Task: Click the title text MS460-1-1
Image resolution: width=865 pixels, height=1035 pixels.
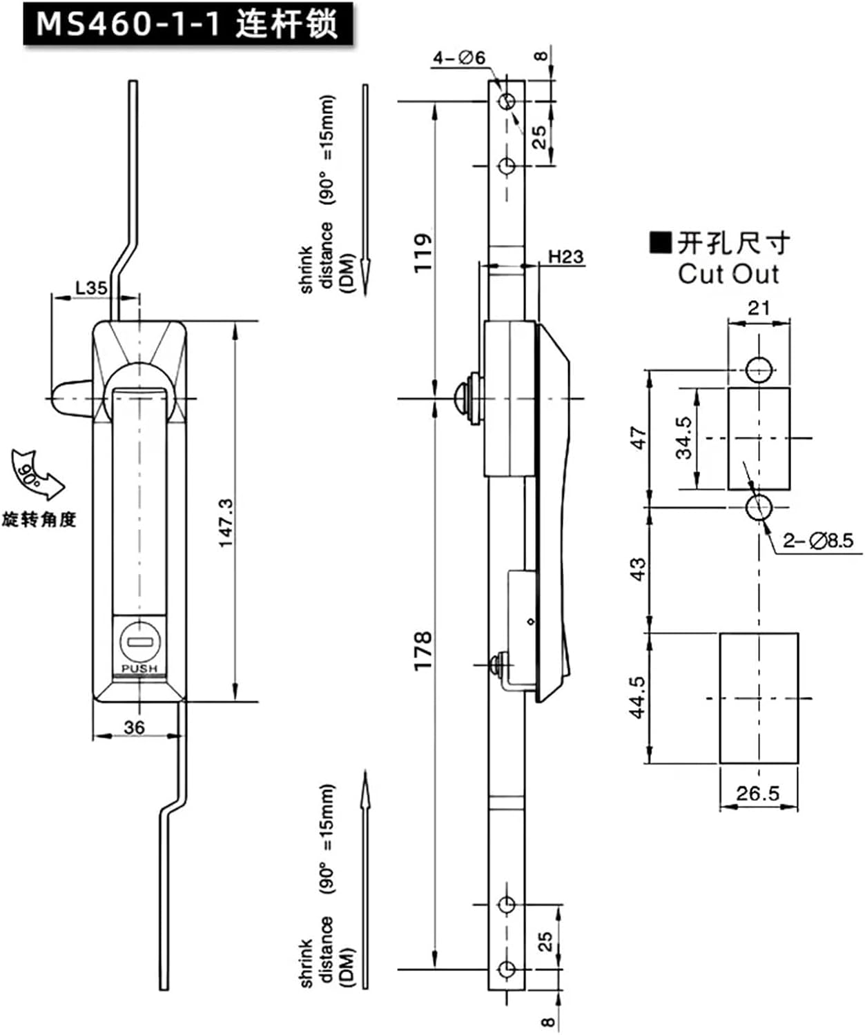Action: (x=128, y=24)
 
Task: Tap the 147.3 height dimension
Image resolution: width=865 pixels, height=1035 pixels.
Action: (x=227, y=523)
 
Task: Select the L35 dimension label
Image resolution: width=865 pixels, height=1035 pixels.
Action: (x=90, y=287)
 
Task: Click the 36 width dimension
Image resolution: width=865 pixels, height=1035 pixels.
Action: (x=134, y=727)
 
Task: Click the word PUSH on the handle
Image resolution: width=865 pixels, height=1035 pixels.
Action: (x=139, y=669)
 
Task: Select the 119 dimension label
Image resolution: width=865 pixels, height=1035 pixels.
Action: (x=422, y=253)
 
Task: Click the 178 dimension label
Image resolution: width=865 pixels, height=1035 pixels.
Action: (x=422, y=649)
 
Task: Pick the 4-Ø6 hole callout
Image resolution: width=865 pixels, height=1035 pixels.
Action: (x=459, y=58)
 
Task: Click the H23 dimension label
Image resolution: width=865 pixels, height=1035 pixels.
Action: (x=565, y=257)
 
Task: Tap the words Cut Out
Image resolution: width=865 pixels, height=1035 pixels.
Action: (x=728, y=274)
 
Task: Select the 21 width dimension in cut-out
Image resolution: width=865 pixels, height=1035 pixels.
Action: (x=759, y=308)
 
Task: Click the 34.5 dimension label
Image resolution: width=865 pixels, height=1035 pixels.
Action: (x=683, y=437)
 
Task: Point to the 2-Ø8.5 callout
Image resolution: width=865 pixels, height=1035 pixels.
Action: (x=818, y=540)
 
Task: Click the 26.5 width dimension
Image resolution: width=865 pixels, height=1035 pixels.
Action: (x=757, y=793)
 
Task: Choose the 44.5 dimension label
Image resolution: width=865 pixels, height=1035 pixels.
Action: (x=637, y=697)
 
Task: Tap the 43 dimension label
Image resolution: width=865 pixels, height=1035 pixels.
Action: (x=639, y=569)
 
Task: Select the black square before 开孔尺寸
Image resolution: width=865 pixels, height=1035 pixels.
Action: (x=661, y=243)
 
